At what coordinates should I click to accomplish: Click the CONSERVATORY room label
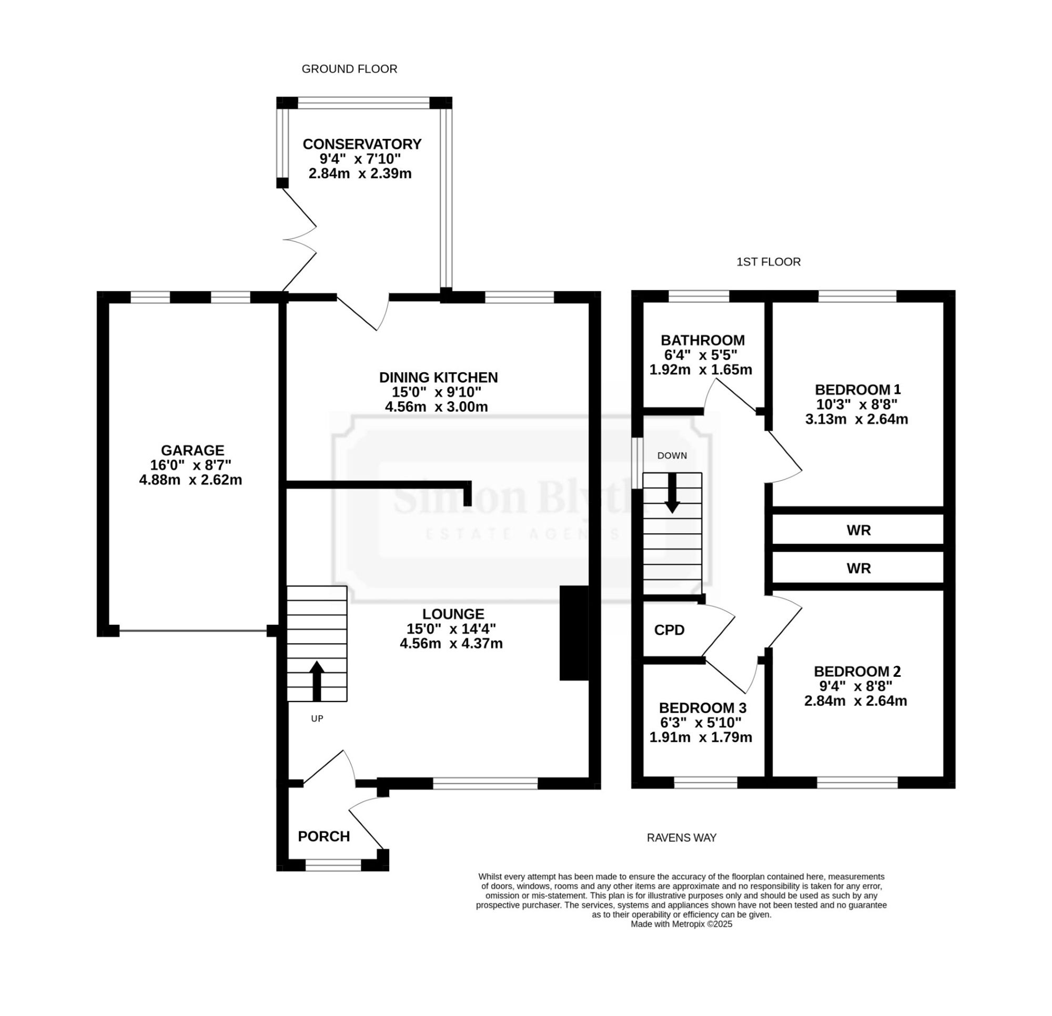pyautogui.click(x=362, y=144)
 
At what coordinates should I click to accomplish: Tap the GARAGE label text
pyautogui.click(x=192, y=450)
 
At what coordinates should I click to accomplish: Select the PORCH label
pyautogui.click(x=323, y=836)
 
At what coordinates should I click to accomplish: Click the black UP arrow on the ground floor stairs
pyautogui.click(x=317, y=681)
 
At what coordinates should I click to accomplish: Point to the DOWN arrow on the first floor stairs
pyautogui.click(x=672, y=493)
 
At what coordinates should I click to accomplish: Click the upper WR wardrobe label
pyautogui.click(x=859, y=530)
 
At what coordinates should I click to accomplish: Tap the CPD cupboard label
pyautogui.click(x=669, y=630)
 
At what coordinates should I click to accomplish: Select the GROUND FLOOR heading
pyautogui.click(x=349, y=69)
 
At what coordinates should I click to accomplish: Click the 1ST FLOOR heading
pyautogui.click(x=768, y=262)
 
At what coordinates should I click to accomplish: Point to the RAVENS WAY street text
pyautogui.click(x=682, y=838)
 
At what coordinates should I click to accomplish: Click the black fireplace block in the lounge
pyautogui.click(x=574, y=633)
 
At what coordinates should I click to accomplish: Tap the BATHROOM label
pyautogui.click(x=703, y=340)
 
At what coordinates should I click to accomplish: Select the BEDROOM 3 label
pyautogui.click(x=703, y=708)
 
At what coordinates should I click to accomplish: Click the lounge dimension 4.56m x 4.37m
pyautogui.click(x=451, y=643)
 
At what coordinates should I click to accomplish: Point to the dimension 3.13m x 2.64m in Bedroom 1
pyautogui.click(x=857, y=419)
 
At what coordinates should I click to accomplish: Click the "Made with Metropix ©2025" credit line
pyautogui.click(x=682, y=924)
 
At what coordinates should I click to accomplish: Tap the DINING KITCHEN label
pyautogui.click(x=439, y=377)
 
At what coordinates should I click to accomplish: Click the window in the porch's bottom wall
pyautogui.click(x=333, y=865)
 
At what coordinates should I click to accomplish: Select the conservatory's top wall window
pyautogui.click(x=364, y=103)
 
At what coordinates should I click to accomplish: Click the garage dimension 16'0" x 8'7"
pyautogui.click(x=190, y=465)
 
